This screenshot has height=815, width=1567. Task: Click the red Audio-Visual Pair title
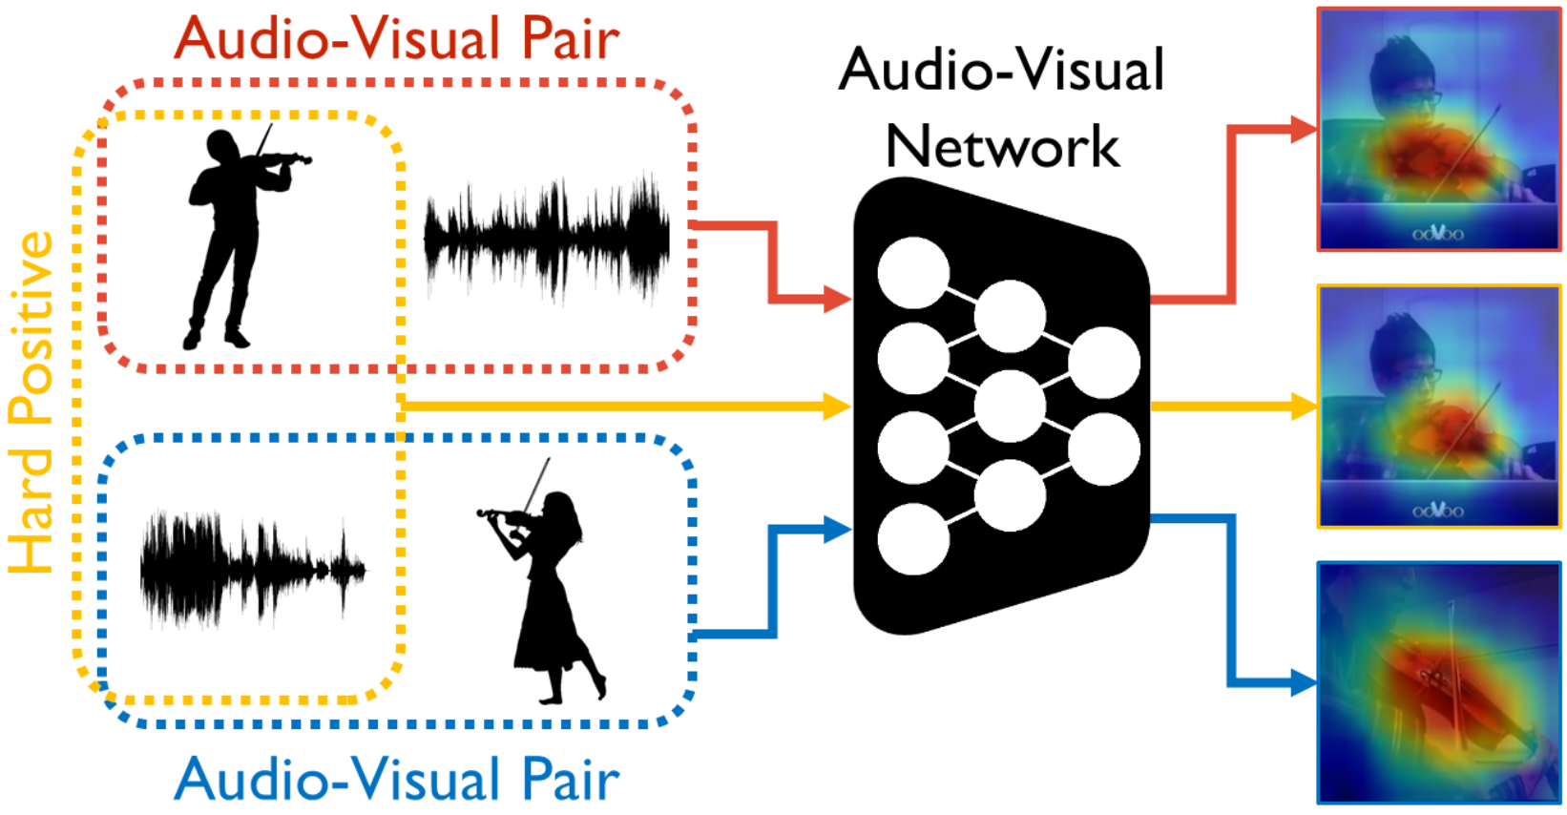tap(397, 40)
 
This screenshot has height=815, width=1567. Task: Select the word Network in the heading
tap(1002, 147)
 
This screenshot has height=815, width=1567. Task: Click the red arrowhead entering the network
tap(837, 300)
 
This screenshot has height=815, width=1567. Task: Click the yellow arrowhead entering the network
tap(837, 407)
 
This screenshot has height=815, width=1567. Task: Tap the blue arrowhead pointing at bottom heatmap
tap(1304, 682)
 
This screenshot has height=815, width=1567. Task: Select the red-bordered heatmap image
tap(1438, 129)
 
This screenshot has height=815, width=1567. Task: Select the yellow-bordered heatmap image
tap(1438, 406)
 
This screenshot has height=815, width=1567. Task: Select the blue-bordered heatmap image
tap(1438, 682)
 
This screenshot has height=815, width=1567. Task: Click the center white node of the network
tap(1010, 406)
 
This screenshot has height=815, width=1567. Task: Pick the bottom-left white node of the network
tap(913, 539)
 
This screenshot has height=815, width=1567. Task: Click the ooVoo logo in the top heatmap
tap(1437, 234)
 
